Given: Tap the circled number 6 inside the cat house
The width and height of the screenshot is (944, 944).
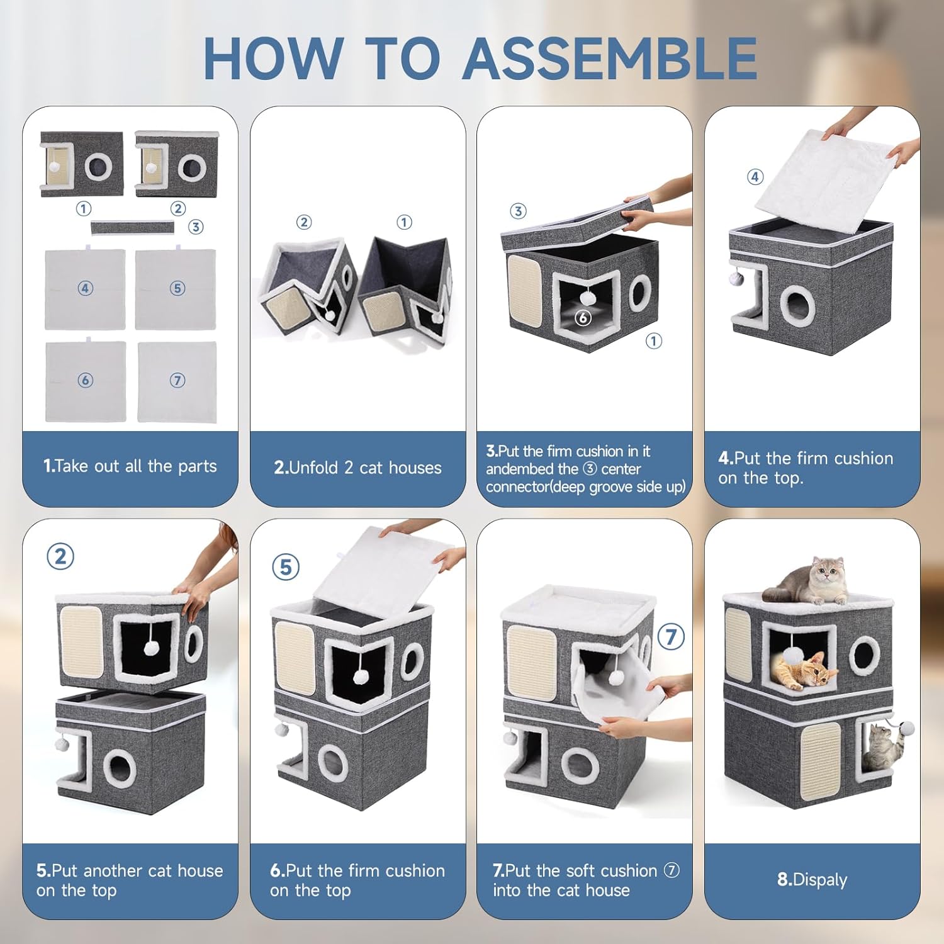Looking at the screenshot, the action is coord(583,318).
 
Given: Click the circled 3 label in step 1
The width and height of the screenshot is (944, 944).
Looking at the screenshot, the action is coord(196,227).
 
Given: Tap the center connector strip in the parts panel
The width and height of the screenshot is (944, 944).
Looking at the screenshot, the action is coord(133,228).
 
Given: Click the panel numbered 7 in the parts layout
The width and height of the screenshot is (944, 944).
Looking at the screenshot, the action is coord(177,381).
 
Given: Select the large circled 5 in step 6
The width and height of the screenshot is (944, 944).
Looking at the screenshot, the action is coord(286,567).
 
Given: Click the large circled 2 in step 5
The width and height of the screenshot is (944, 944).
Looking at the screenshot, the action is coord(60,556).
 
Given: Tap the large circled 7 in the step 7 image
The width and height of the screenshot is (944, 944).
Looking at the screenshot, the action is coord(671,637).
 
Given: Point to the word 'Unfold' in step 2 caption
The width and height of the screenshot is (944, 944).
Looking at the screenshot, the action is coord(313,468).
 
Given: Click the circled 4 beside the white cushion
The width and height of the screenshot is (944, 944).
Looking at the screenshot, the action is coord(755,177).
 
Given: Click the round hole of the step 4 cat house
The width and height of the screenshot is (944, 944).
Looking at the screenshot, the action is coord(798,305).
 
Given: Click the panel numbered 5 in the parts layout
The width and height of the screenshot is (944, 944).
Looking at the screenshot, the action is coord(176,289).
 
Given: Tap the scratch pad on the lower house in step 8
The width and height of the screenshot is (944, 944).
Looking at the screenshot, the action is coord(821,760).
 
